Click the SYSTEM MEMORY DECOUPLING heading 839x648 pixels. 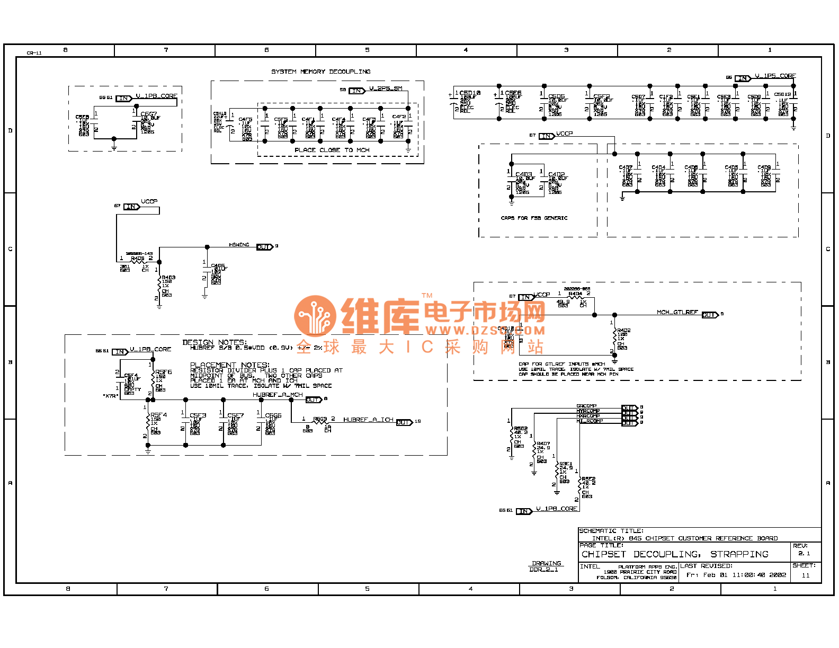(321, 72)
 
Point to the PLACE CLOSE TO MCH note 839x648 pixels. (332, 150)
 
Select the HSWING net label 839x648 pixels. (239, 245)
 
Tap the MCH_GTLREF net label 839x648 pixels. (677, 312)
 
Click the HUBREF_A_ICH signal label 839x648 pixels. (368, 420)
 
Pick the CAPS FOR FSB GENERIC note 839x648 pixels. (534, 218)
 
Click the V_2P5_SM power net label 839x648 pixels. (386, 88)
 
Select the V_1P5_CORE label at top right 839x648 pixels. (775, 76)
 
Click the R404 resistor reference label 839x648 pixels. (575, 294)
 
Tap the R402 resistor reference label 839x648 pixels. (624, 330)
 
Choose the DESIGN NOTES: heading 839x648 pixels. (215, 342)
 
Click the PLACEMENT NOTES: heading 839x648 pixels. (230, 365)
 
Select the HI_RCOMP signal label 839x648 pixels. (590, 421)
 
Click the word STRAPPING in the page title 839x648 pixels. (739, 554)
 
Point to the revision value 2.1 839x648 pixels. (804, 553)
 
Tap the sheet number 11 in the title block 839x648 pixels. (806, 575)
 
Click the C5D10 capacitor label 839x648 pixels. (470, 93)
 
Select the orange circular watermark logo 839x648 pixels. (315, 316)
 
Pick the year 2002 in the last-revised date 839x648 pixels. (778, 575)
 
